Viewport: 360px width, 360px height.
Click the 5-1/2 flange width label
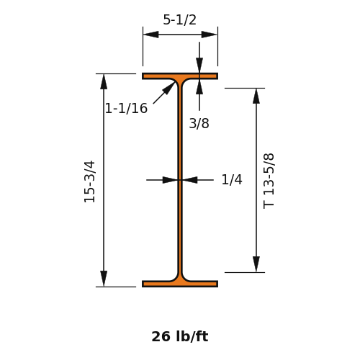179,19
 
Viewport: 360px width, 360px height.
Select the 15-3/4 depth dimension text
90,181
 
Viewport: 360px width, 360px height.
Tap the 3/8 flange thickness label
199,123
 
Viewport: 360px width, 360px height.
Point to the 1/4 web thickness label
232,179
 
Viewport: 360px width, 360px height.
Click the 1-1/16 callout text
126,108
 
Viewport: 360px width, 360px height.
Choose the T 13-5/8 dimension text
269,181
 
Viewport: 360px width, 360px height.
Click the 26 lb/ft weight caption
180,336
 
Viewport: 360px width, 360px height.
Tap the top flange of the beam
180,76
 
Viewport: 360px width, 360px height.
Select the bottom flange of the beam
180,284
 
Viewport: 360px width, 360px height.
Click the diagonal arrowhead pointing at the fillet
168,88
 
